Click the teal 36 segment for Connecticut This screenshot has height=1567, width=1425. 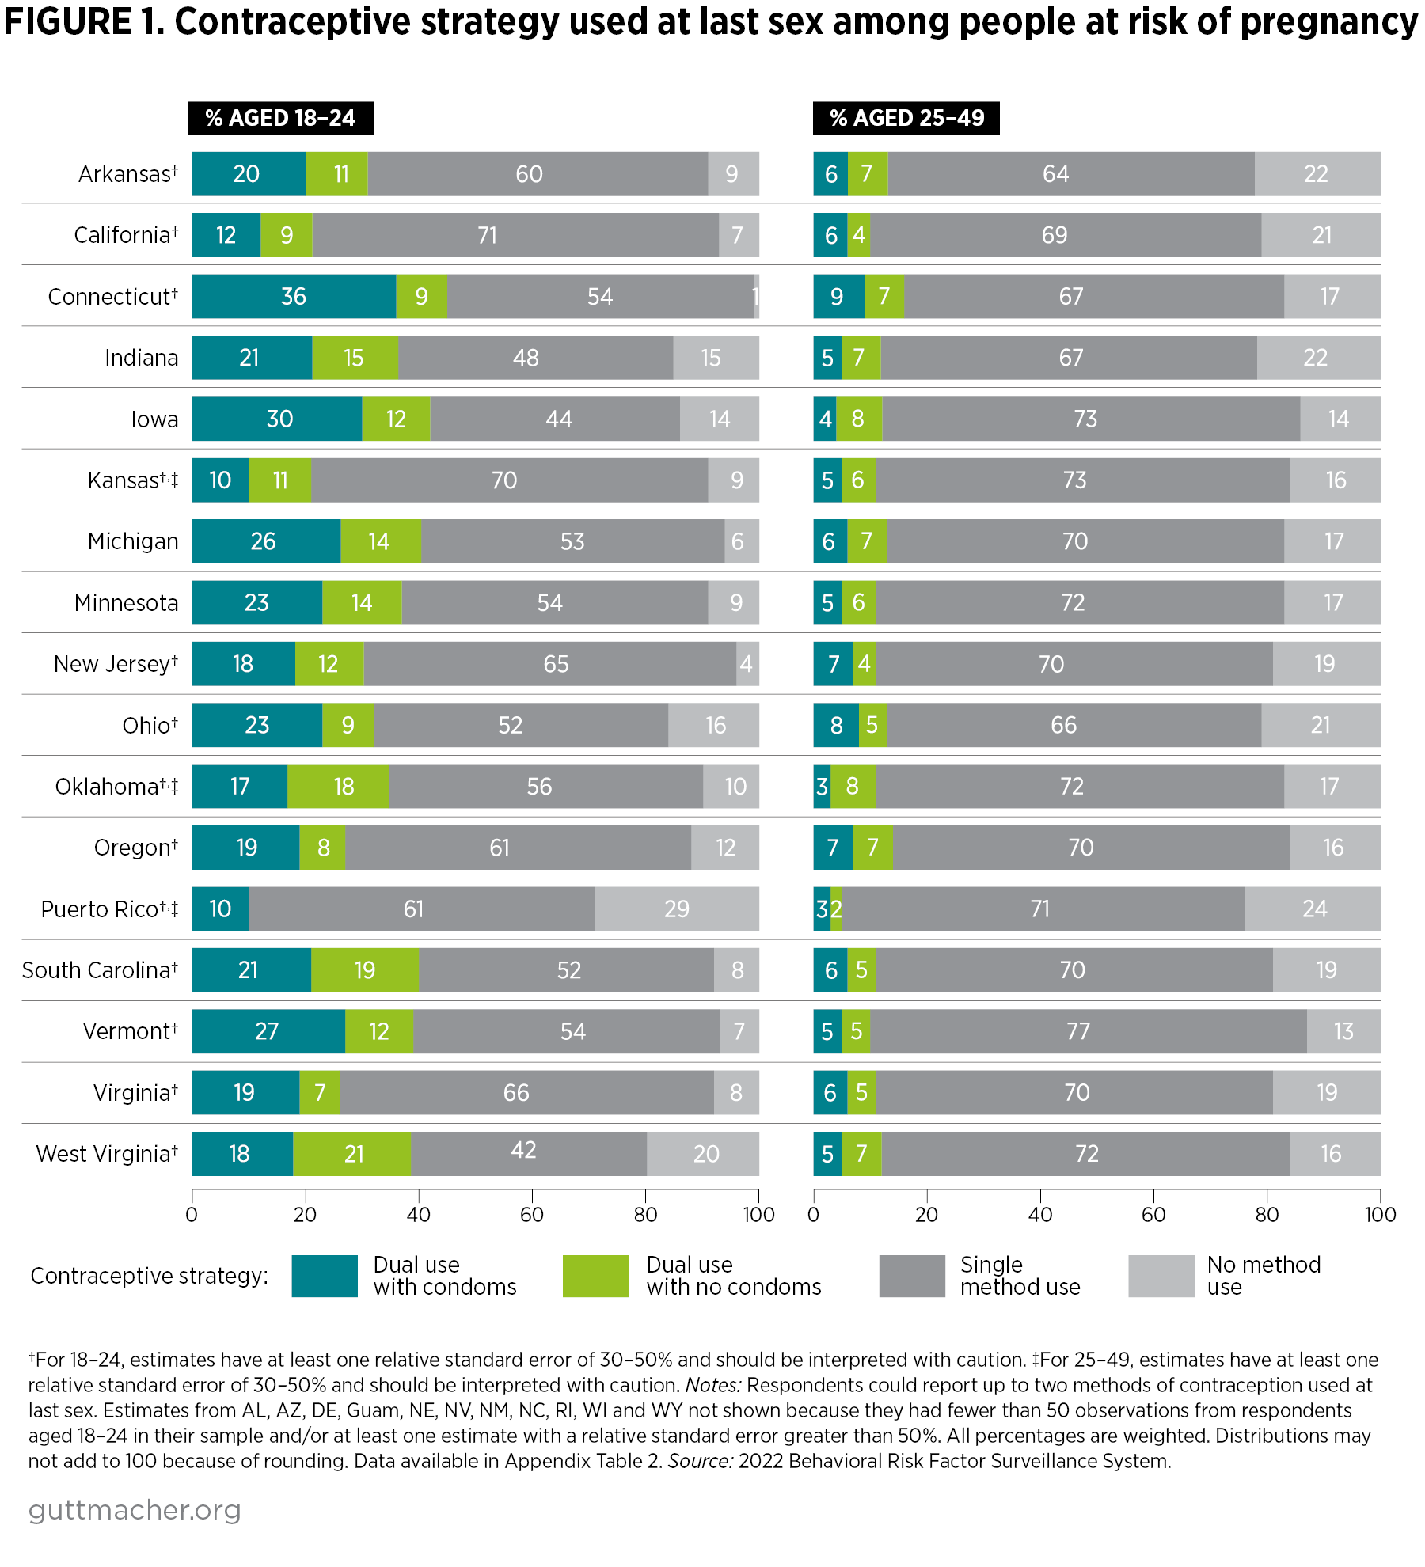294,297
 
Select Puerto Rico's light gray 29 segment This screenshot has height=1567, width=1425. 676,909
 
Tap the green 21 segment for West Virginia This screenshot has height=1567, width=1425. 352,1154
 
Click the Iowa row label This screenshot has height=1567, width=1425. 154,419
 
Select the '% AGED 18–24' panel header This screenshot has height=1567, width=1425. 280,118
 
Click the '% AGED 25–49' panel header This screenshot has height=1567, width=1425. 906,118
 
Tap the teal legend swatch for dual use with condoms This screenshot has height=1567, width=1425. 325,1276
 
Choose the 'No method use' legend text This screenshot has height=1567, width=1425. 1263,1276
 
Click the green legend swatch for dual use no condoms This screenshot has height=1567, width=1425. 595,1276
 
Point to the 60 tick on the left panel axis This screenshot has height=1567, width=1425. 532,1215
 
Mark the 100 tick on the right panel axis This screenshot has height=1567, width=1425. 1380,1215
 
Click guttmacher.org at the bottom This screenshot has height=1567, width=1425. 135,1511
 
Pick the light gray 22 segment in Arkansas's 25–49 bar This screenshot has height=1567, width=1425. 1317,174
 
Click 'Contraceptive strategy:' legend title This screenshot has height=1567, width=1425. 149,1276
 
